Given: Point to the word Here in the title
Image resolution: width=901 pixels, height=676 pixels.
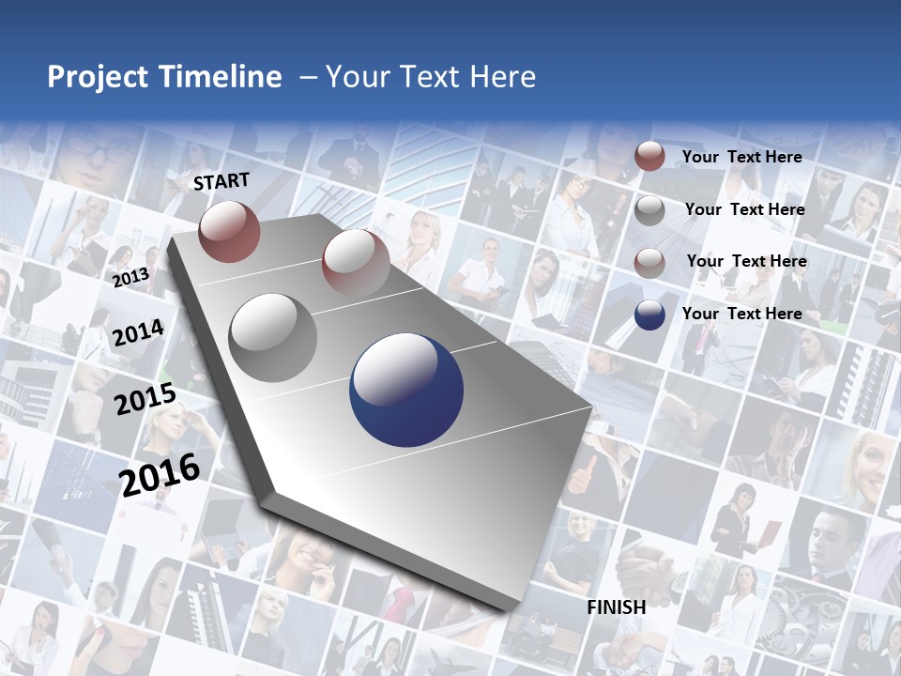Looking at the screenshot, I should pos(502,77).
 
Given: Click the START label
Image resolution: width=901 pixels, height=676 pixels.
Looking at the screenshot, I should pos(221,181).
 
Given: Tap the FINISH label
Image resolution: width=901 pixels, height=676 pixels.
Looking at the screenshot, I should pos(617,607).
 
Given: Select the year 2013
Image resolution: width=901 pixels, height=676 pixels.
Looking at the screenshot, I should pos(130,277).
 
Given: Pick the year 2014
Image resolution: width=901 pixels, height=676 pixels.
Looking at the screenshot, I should pos(138,332).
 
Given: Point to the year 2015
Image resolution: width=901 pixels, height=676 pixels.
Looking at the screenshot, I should pos(145,399).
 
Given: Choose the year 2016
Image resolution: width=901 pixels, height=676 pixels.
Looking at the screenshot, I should pos(160,474).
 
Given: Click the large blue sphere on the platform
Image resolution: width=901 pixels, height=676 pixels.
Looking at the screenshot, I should pos(406,391).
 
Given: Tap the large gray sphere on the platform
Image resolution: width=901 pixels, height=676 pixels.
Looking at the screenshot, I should pos(273,337).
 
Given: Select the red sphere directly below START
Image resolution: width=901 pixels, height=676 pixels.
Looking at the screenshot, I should pos(229,231).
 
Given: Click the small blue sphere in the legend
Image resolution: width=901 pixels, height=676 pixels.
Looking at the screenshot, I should pos(649,315).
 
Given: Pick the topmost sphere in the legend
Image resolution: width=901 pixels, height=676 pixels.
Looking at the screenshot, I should pos(649,157).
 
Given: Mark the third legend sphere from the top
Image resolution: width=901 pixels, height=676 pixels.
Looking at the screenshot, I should pos(649,262).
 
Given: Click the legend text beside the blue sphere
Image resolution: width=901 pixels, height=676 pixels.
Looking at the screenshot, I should pos(741,314).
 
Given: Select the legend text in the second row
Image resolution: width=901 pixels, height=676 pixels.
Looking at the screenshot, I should pos(744,209).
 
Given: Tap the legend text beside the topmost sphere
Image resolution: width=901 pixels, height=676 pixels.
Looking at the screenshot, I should pos(741,157).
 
